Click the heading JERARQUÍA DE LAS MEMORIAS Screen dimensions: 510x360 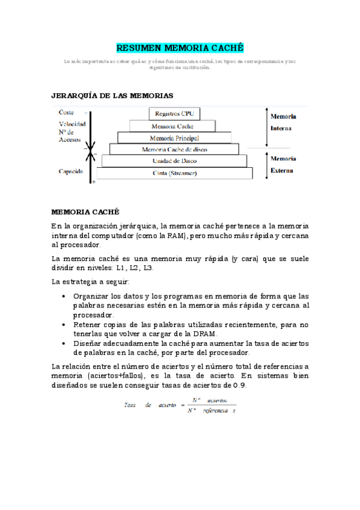tap(112, 96)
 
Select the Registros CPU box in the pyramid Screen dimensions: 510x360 tap(174, 113)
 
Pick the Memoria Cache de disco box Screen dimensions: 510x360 tap(174, 149)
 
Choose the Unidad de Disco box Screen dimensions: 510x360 tap(174, 161)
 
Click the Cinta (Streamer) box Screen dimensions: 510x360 tap(174, 173)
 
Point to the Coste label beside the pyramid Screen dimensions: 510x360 tap(66, 112)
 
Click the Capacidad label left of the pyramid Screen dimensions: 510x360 tap(70, 171)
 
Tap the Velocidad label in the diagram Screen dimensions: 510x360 tap(72, 124)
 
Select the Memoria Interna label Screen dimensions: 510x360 tap(282, 122)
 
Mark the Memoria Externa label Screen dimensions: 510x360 tap(282, 164)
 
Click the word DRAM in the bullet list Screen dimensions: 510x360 tap(206, 334)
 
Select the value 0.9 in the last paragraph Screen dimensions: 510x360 tap(239, 386)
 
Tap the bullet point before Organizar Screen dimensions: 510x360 tap(64, 296)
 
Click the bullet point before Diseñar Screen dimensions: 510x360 tap(64, 343)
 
